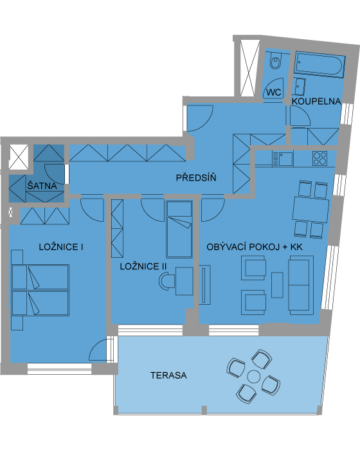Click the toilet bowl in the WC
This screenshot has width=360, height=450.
[x=276, y=62]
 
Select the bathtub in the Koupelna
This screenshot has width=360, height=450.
[x=319, y=65]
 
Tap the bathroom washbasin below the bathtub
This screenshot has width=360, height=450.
[x=300, y=87]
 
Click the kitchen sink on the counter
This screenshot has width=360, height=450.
[x=283, y=159]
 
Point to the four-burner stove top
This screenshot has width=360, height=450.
[x=319, y=158]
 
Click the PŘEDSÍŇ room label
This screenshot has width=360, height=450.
[x=196, y=178]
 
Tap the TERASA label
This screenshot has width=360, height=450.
[x=168, y=375]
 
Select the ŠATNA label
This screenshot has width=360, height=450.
[x=42, y=186]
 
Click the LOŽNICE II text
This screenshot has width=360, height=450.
[x=143, y=266]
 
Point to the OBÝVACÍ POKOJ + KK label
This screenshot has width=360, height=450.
[x=255, y=247]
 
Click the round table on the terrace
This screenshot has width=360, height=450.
[x=254, y=377]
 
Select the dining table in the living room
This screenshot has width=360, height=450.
[x=311, y=209]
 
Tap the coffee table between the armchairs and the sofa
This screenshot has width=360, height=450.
[x=277, y=285]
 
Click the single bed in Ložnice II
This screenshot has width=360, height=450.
[x=179, y=229]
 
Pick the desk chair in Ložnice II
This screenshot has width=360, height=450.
[x=166, y=281]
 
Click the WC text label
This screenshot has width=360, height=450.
[x=274, y=93]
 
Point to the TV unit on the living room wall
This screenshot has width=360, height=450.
[x=204, y=285]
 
